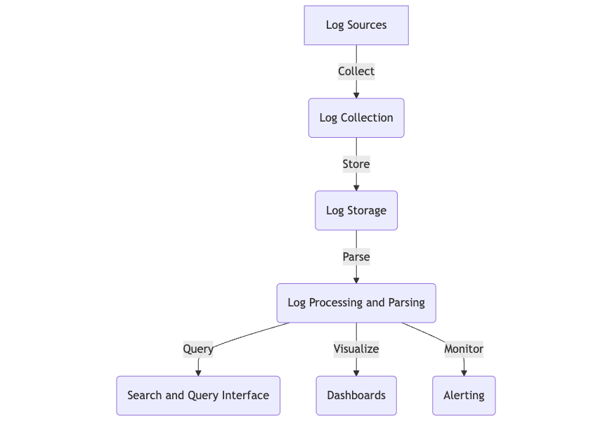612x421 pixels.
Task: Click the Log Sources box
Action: tap(356, 25)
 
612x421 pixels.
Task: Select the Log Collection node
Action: tap(356, 117)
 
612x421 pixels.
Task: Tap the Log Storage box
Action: tap(356, 210)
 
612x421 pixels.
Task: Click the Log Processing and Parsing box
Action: tap(356, 303)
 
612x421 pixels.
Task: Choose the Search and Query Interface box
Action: tap(198, 395)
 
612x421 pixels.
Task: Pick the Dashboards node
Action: tap(356, 395)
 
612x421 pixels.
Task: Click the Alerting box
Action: tap(464, 395)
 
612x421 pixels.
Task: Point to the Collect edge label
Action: tap(356, 71)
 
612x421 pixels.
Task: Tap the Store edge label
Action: tap(356, 164)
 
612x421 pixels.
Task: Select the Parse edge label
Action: tap(356, 257)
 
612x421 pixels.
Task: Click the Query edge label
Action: tap(198, 349)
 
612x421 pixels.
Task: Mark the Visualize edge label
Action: tap(356, 349)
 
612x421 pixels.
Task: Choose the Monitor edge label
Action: tap(464, 349)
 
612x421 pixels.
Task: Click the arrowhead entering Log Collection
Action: tap(356, 95)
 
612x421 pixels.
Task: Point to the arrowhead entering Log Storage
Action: tap(356, 188)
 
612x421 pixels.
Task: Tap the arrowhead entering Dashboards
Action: tap(356, 373)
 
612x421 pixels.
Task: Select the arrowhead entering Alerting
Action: tap(464, 373)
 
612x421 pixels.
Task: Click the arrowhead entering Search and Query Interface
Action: tap(198, 373)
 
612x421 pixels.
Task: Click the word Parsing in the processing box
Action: tap(406, 303)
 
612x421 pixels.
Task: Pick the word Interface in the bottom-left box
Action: tap(245, 395)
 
